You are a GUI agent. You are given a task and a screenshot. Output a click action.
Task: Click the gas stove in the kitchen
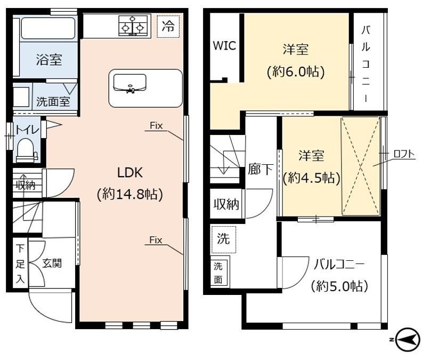tap(133, 26)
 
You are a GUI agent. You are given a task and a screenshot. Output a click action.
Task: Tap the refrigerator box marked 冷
tap(168, 27)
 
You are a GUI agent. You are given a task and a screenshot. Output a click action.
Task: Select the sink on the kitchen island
tap(129, 83)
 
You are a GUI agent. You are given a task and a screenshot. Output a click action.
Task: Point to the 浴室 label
tap(49, 60)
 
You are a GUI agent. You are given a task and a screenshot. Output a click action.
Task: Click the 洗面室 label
tap(53, 101)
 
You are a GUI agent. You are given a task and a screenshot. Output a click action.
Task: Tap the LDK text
tap(130, 172)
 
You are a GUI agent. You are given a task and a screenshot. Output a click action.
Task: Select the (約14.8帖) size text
tap(130, 194)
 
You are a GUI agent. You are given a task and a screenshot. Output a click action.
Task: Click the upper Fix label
tap(156, 125)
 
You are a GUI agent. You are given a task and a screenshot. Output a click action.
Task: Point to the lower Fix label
tap(156, 240)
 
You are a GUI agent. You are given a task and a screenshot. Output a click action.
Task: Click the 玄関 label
tap(52, 263)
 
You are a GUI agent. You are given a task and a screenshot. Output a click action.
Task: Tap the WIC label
tap(224, 45)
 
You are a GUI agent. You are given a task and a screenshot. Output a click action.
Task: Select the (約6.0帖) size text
tap(296, 72)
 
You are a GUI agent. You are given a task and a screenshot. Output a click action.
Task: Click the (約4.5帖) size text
tap(311, 178)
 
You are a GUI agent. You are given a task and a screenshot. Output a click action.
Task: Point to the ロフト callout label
tap(404, 154)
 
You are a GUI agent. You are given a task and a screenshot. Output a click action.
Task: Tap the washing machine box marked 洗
tap(224, 239)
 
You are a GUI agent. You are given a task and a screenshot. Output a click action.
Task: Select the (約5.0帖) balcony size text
tap(339, 286)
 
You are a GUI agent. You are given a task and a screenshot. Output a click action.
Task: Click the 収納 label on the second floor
tap(226, 204)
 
